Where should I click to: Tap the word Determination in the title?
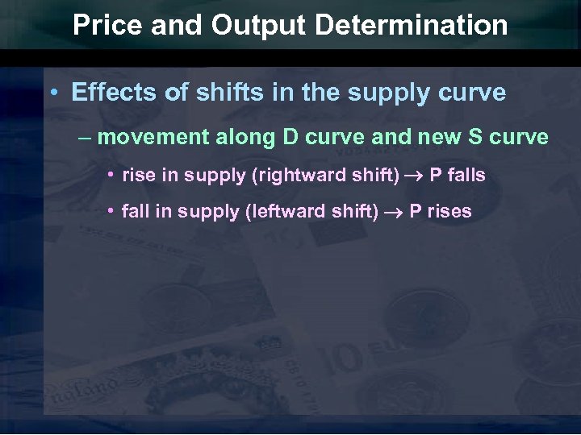click(412, 26)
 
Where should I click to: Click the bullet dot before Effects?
click(53, 93)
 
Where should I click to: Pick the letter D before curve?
click(290, 137)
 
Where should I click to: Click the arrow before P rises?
click(395, 213)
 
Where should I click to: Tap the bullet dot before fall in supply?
click(111, 212)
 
